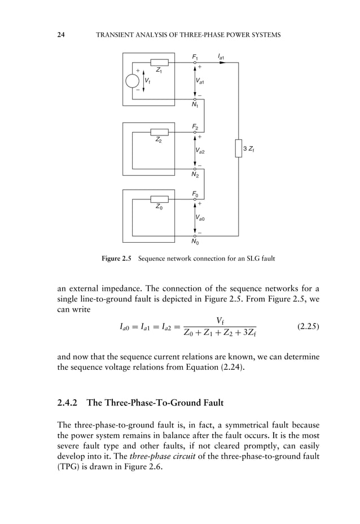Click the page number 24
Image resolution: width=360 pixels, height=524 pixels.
[x=62, y=35]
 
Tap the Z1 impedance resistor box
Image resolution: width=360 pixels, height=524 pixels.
[x=159, y=62]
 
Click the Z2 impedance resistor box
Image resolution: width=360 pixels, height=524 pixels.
[x=159, y=132]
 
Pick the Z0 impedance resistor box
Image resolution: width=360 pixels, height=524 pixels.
[x=159, y=199]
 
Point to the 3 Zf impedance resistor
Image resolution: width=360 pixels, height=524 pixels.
[x=239, y=149]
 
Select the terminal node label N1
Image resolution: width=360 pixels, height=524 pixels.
[x=195, y=105]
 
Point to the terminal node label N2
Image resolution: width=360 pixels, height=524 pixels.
[x=195, y=175]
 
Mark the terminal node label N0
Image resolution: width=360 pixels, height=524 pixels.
[x=195, y=243]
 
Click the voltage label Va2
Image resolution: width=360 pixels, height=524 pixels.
[x=200, y=151]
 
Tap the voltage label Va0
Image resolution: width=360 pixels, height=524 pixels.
[x=200, y=217]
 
